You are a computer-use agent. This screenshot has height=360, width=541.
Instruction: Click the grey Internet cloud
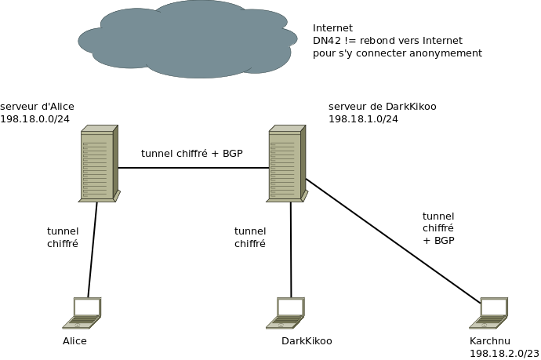click(x=188, y=39)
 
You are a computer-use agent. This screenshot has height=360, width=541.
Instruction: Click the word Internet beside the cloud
click(x=332, y=27)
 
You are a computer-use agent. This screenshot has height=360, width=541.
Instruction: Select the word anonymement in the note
click(x=448, y=53)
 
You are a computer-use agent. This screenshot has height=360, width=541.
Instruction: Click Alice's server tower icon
click(x=99, y=164)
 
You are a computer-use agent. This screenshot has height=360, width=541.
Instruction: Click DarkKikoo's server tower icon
click(x=286, y=164)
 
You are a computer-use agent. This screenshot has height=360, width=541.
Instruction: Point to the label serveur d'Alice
click(x=37, y=106)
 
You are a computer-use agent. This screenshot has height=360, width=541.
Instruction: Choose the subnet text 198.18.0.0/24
click(x=34, y=118)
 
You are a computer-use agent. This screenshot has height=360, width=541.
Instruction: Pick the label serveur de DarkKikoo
click(x=382, y=106)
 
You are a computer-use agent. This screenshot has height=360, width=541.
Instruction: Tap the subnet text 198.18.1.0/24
click(x=363, y=118)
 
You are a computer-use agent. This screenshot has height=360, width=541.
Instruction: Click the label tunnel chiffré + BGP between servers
click(x=191, y=153)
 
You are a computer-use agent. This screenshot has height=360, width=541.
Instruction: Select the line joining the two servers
click(x=192, y=168)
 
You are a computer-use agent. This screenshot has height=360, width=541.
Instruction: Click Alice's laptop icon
click(x=83, y=312)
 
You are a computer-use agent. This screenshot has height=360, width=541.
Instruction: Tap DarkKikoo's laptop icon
click(x=286, y=312)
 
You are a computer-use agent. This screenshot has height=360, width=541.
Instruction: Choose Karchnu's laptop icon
click(x=490, y=312)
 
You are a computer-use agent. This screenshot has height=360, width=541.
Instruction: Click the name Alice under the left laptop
click(x=74, y=341)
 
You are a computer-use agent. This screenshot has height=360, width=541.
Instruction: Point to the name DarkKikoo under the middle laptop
click(x=307, y=341)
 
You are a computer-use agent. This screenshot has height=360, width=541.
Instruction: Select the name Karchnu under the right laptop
click(x=489, y=341)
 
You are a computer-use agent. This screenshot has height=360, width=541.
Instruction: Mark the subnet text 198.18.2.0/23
click(x=504, y=354)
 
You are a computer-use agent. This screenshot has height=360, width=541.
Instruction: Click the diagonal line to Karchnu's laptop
click(x=392, y=241)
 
